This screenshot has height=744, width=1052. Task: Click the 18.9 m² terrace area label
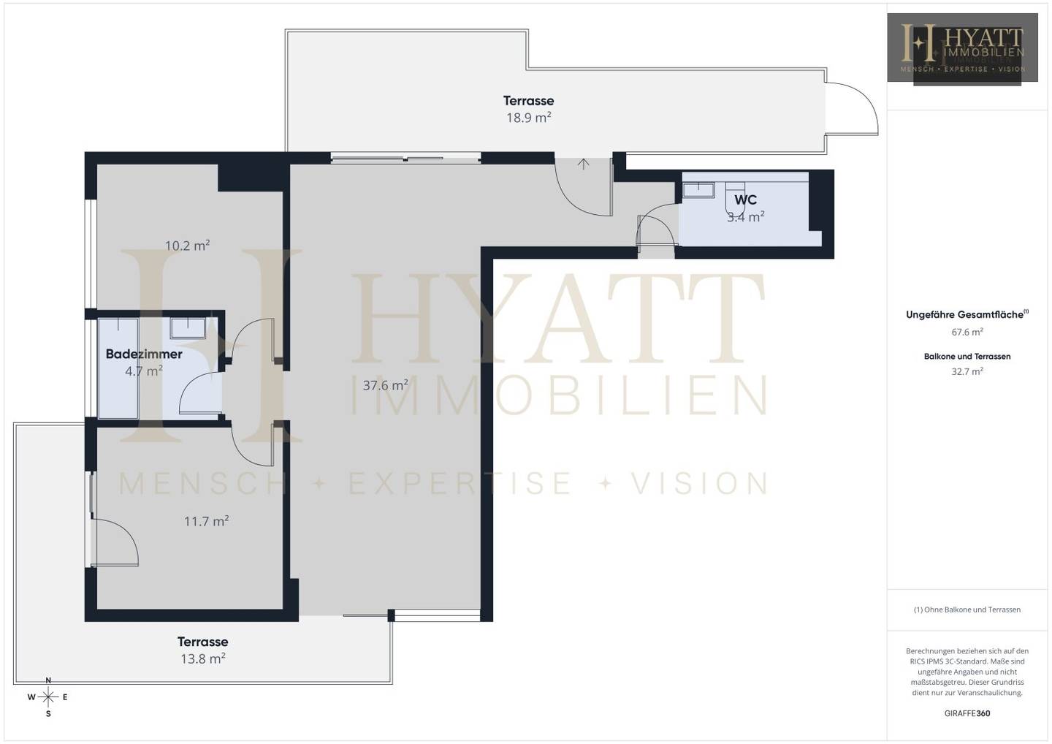click(528, 118)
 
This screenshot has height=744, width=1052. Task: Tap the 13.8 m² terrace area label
click(203, 658)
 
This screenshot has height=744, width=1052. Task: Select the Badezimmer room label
click(144, 354)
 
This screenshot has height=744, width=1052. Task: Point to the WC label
click(745, 200)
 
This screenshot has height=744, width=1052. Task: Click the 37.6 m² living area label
click(385, 385)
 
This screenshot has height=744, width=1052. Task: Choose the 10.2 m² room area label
click(187, 245)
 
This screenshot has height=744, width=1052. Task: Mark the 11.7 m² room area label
click(206, 521)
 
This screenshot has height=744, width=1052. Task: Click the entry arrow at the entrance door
click(583, 164)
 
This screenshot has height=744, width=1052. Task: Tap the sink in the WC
click(698, 190)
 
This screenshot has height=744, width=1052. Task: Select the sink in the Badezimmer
click(187, 328)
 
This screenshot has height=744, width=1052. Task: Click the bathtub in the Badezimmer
click(118, 368)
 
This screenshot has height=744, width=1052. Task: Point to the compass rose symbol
click(48, 697)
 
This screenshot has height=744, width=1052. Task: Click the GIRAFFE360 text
click(967, 713)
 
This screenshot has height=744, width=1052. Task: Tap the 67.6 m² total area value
click(967, 332)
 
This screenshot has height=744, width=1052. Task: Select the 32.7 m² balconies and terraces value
click(967, 371)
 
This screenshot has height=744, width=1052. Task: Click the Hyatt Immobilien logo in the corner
click(962, 48)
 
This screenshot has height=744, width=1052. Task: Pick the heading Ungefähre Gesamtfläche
click(967, 315)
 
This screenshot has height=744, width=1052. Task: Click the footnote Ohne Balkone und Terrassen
click(967, 610)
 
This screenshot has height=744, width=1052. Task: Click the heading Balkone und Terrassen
click(967, 357)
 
